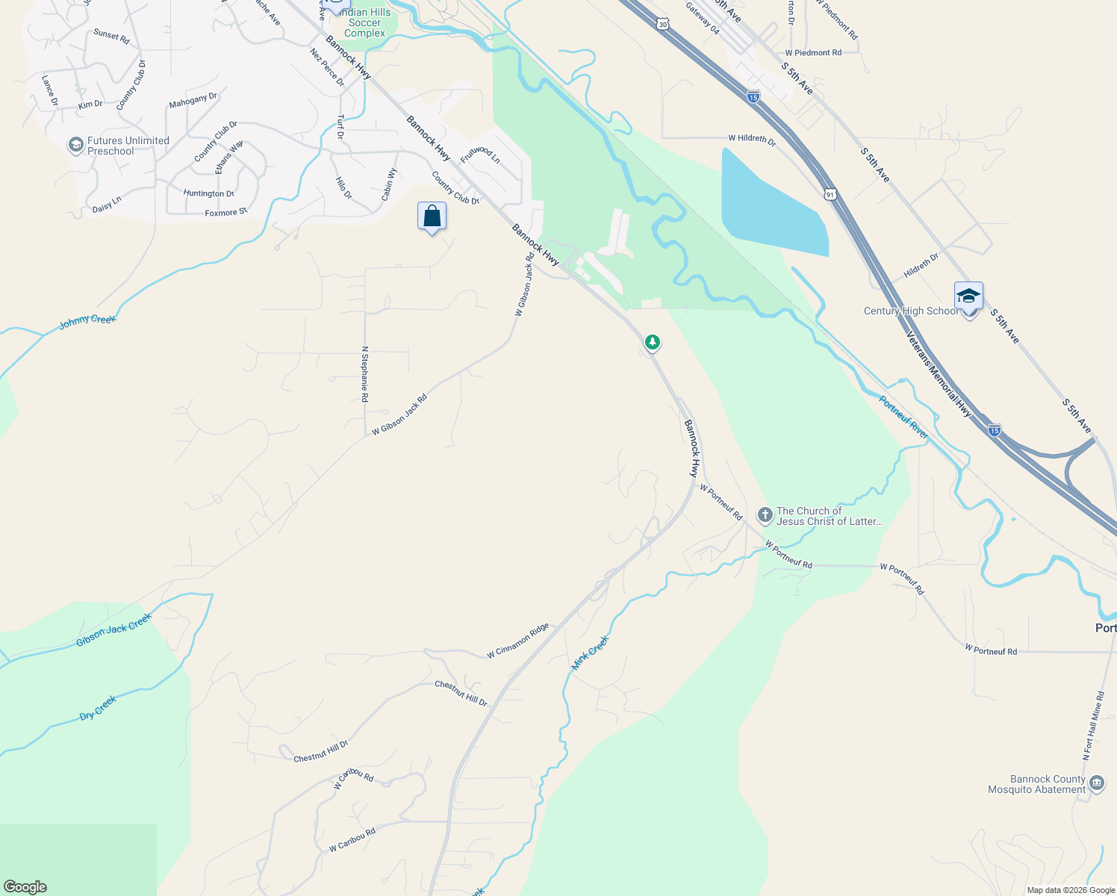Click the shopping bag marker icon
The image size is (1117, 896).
click(432, 217)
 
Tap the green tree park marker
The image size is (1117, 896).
click(653, 342)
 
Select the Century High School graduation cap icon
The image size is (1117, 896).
click(968, 296)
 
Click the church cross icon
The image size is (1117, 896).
click(765, 515)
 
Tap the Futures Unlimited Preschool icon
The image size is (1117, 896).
click(75, 145)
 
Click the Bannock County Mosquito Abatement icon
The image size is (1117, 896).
click(1097, 783)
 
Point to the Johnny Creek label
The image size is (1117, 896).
click(87, 320)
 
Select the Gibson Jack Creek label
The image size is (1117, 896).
click(113, 629)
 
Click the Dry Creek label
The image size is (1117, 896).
click(98, 708)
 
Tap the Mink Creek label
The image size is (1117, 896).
click(590, 653)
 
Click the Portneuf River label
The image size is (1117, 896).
click(903, 417)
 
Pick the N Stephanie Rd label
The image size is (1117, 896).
click(364, 374)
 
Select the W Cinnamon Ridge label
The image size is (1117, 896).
click(518, 641)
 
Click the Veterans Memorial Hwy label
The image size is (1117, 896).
click(939, 373)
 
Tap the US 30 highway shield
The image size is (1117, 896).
click(663, 25)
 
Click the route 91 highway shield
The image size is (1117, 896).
click(830, 194)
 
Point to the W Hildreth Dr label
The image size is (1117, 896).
click(752, 139)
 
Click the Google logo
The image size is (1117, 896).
click(25, 886)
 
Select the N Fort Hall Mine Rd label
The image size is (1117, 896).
click(1093, 726)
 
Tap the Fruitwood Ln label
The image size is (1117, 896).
click(480, 155)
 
